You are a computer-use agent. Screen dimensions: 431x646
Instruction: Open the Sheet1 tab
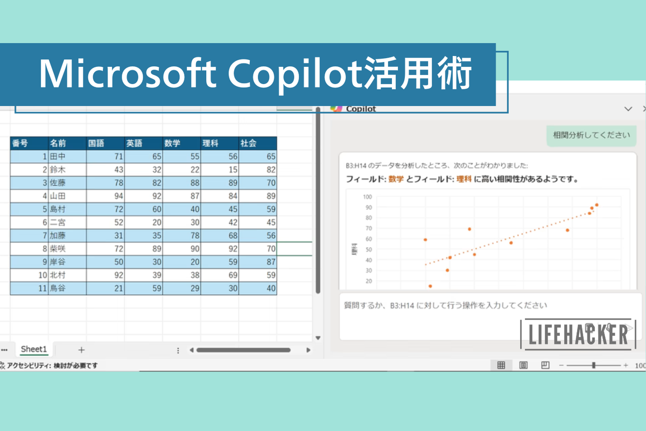point(34,350)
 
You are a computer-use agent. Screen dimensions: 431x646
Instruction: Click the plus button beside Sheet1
point(81,350)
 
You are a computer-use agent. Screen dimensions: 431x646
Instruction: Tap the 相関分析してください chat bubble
point(591,135)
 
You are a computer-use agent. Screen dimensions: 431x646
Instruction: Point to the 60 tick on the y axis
point(368,239)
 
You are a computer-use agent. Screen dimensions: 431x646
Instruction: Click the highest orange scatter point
point(596,205)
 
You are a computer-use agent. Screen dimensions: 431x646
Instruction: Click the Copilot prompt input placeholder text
point(446,305)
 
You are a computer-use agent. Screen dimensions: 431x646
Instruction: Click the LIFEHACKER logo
point(578,334)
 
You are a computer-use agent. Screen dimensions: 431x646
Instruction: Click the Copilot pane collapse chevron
point(628,109)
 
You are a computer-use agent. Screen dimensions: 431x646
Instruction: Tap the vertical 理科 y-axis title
point(354,248)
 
